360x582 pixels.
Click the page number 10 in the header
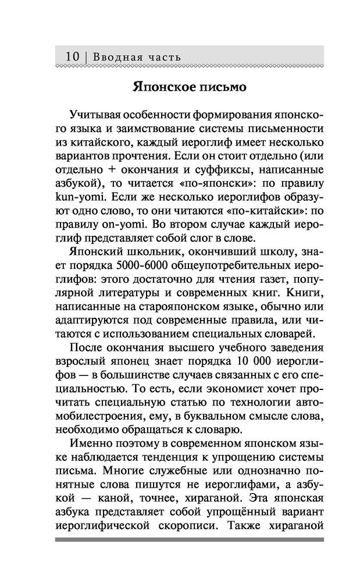pyautogui.click(x=72, y=57)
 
